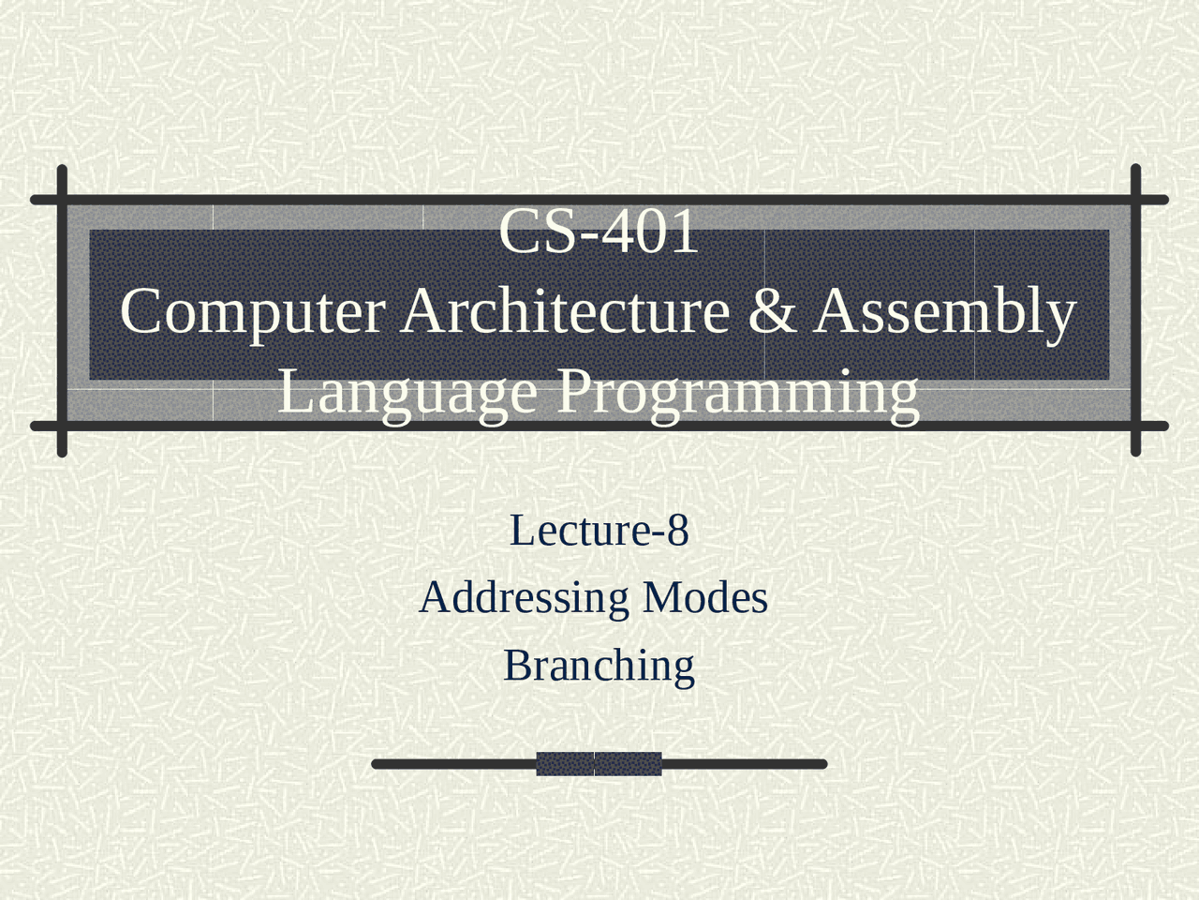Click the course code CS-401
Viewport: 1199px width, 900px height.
599,232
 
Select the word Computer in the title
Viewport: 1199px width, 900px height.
252,312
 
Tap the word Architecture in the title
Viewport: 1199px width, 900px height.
565,310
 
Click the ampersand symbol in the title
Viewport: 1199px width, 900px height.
772,311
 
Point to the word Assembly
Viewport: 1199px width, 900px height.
945,312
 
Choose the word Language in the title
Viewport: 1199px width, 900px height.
407,392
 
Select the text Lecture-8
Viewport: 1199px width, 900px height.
599,531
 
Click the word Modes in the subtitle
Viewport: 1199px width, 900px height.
704,597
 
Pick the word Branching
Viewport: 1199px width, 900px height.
599,667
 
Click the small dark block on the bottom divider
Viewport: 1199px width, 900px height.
599,764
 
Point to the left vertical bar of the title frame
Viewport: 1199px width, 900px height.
63,310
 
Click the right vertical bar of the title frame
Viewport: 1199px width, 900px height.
1135,310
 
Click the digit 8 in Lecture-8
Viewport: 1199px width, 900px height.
677,531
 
